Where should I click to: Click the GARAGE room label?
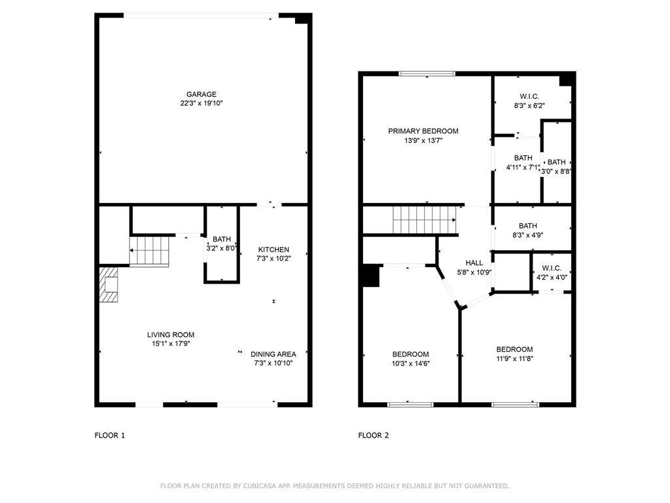click(x=202, y=94)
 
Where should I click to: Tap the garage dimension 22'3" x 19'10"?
click(x=202, y=103)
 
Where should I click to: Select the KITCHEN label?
click(x=273, y=250)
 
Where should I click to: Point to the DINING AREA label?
click(x=273, y=354)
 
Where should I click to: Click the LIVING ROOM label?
click(x=171, y=335)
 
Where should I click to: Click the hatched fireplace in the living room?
click(x=109, y=285)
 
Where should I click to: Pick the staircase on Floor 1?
click(x=150, y=251)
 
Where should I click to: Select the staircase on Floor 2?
click(x=425, y=220)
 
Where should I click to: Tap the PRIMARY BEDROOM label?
click(x=423, y=131)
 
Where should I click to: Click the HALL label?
click(x=474, y=263)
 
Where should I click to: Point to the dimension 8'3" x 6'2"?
click(x=529, y=105)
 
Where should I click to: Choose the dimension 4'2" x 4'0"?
click(x=552, y=277)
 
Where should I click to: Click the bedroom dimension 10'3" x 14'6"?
click(x=411, y=363)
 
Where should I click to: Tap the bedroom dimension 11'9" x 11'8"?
click(x=514, y=358)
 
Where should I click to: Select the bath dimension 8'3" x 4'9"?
click(x=528, y=235)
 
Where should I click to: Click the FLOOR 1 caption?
click(x=110, y=436)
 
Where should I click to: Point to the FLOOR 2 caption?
click(x=374, y=436)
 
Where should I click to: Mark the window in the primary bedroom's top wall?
click(x=427, y=73)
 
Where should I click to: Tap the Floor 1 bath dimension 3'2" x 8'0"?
click(x=222, y=248)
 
